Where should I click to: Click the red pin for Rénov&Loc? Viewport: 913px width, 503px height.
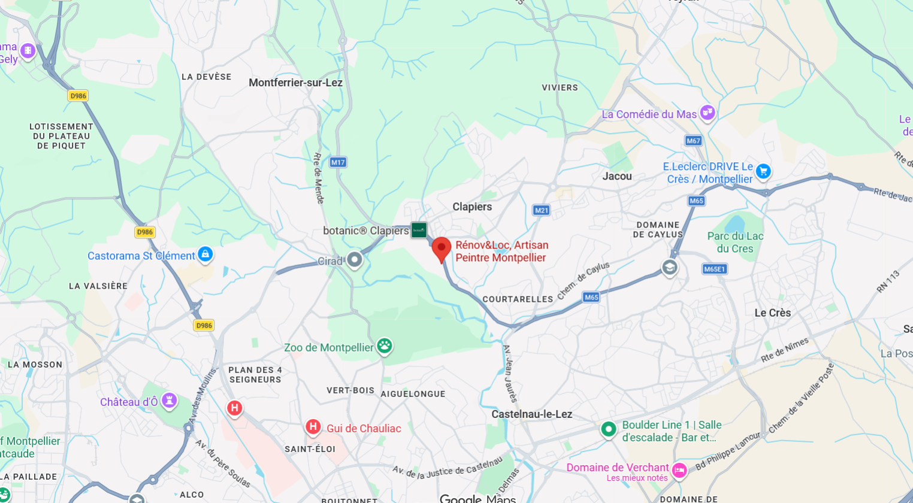coord(442,249)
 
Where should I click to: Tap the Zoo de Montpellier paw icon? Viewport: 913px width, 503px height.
coord(385,346)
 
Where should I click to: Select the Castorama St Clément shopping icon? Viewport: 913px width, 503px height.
coord(205,254)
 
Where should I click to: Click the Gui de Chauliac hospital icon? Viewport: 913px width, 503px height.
coord(313,427)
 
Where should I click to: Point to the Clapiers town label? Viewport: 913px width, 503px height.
coord(472,207)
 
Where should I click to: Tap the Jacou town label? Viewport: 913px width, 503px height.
coord(617,176)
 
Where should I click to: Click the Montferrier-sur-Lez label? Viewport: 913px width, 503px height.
coord(295,83)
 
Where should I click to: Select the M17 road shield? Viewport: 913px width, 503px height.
coord(338,162)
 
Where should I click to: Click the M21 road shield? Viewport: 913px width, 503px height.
coord(541,210)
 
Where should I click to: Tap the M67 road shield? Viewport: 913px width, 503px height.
coord(693,141)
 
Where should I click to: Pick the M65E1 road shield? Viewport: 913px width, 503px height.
coord(714,269)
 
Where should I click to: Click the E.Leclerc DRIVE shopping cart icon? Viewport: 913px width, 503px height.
coord(763,171)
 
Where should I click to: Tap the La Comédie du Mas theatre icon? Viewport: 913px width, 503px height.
coord(708,113)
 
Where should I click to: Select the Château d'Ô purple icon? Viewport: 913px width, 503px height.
coord(170,400)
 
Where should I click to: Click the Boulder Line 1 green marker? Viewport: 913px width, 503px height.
coord(609,429)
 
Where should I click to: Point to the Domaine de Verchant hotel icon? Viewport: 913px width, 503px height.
coord(679,471)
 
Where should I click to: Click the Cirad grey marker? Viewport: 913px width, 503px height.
coord(355,260)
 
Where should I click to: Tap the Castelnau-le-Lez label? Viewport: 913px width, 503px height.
coord(531,414)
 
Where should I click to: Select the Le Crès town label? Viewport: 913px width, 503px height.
coord(772,313)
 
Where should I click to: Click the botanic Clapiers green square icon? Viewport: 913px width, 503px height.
coord(419,230)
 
